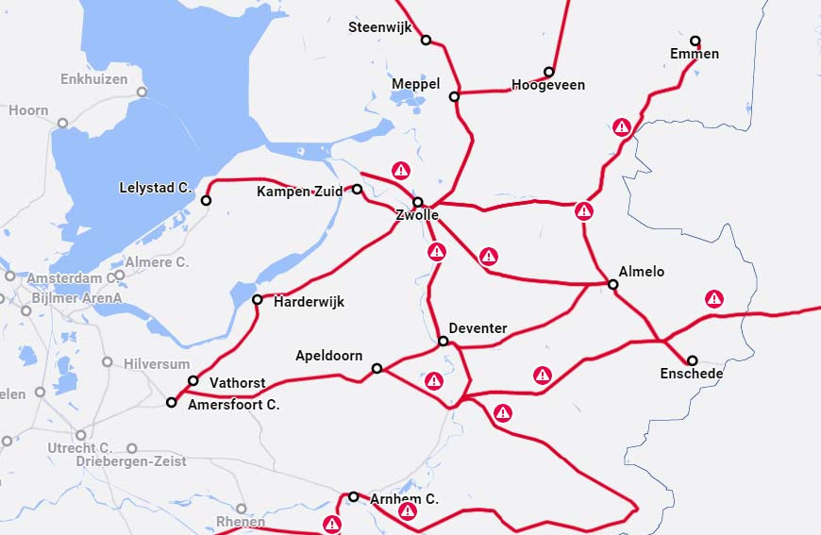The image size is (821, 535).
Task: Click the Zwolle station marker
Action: click(418, 202)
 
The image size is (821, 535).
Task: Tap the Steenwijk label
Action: click(380, 27)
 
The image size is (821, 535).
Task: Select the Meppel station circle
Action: click(454, 96)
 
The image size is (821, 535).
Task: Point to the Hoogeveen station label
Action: click(548, 85)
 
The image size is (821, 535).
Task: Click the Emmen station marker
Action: click(695, 41)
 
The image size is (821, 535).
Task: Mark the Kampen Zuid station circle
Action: click(358, 189)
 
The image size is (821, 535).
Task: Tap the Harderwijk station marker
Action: click(258, 300)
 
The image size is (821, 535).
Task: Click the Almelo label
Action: click(642, 272)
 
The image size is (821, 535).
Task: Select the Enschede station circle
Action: click(693, 360)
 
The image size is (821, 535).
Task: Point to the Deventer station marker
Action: click(443, 341)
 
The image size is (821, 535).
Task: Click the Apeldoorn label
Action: click(329, 357)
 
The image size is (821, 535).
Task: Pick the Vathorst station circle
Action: click(193, 381)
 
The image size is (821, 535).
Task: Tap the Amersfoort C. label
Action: click(234, 405)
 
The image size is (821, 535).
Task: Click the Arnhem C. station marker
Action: click(354, 496)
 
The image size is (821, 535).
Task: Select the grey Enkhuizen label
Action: click(93, 79)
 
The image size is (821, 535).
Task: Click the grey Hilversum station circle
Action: click(107, 362)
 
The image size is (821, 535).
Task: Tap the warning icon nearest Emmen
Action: click(622, 126)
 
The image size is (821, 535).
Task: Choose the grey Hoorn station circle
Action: click(62, 123)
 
